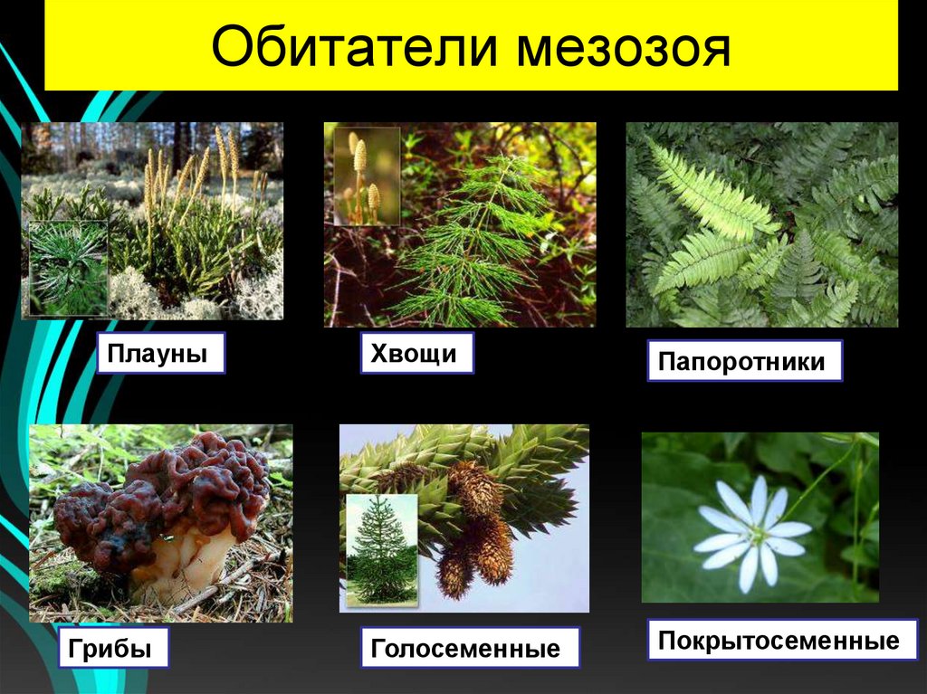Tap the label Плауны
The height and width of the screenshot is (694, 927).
coord(159,353)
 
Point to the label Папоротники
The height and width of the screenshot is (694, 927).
coord(743,361)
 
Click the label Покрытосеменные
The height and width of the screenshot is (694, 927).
coord(779,641)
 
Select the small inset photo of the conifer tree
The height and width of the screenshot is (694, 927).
coord(380,548)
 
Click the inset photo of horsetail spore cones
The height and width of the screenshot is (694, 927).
coord(366,176)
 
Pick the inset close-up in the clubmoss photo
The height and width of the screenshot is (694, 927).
coord(67,268)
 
